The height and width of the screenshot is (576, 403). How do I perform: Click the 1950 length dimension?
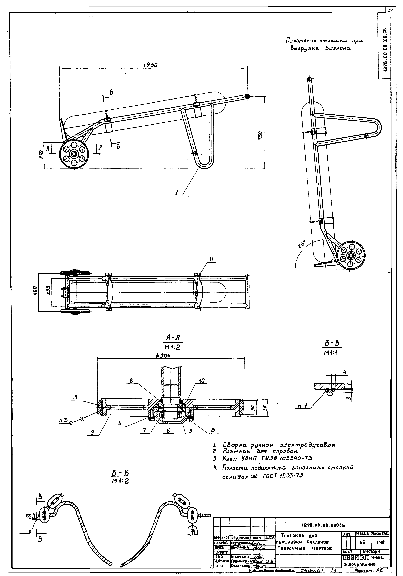150,65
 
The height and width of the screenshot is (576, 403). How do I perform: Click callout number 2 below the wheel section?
92,432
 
